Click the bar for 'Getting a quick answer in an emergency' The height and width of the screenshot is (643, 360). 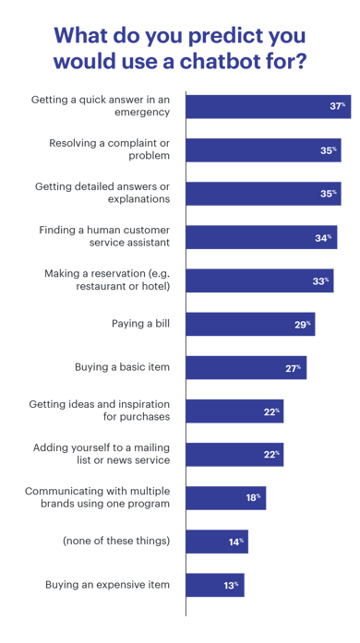tap(268, 106)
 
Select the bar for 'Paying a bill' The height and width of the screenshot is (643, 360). tap(250, 324)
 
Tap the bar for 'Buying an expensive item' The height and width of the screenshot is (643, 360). tap(215, 585)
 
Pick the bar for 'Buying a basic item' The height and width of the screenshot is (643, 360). tap(246, 367)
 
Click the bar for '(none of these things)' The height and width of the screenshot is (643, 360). tap(217, 542)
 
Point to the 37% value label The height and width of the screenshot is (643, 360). tap(337, 106)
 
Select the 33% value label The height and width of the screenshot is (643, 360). tap(319, 280)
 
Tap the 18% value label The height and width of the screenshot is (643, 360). tap(253, 498)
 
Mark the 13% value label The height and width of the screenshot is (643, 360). tap(231, 585)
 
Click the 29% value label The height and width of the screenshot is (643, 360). tap(302, 324)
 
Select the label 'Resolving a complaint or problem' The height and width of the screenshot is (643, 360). tap(110, 149)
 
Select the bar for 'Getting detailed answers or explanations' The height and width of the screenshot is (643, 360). tap(263, 194)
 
